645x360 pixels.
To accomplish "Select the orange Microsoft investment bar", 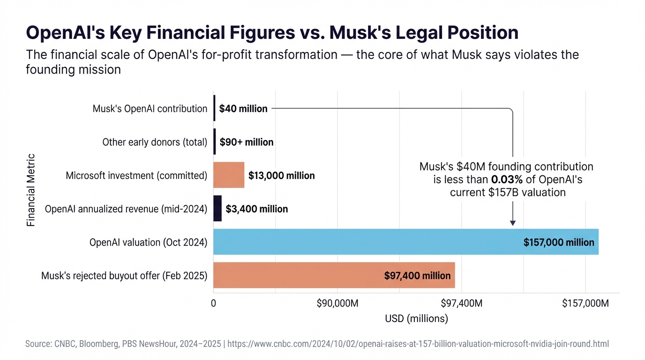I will coord(229,175).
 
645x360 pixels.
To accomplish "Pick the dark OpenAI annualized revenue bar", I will coord(217,209).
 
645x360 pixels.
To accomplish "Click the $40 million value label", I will coord(243,109).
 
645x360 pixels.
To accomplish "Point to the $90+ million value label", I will coord(247,142).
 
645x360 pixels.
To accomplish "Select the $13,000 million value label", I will coord(281,176).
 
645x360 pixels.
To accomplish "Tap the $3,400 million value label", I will coord(257,209).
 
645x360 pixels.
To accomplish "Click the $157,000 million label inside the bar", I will coord(558,242).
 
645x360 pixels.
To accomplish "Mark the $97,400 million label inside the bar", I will coord(417,276).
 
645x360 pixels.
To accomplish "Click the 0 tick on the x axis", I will coord(213,303).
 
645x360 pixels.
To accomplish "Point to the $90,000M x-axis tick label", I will coord(337,303).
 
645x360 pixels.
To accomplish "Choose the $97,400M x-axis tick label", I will coord(462,303).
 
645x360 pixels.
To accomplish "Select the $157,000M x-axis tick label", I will coord(585,303).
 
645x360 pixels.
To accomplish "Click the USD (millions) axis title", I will coord(416,319).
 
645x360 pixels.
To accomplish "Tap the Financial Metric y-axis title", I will coord(31,190).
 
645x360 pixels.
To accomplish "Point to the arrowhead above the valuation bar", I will coord(512,223).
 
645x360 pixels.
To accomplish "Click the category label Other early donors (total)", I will coord(155,142).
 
